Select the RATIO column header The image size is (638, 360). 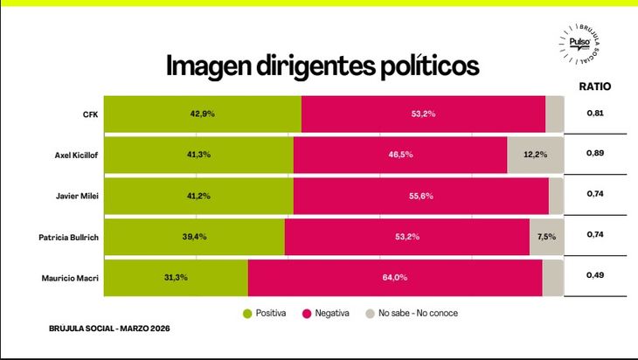coord(595,87)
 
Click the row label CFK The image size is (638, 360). coord(90,114)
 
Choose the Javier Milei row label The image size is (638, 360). coord(78,196)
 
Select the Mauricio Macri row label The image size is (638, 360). coord(71,278)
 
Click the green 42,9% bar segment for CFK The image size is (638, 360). coord(203,114)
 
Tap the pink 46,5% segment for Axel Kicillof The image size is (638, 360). coord(400,155)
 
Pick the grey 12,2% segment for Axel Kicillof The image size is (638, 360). coord(535,155)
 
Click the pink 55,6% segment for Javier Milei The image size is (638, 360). coord(420,196)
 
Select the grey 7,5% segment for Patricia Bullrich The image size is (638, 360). coord(546,237)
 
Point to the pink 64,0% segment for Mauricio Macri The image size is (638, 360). coord(395,278)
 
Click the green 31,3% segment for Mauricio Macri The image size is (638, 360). coord(176,278)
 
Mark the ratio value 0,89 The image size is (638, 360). coord(595,154)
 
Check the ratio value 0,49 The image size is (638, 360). coord(595,276)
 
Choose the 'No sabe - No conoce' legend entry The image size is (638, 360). coord(411,313)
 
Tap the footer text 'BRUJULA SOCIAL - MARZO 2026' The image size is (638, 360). coord(109,329)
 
